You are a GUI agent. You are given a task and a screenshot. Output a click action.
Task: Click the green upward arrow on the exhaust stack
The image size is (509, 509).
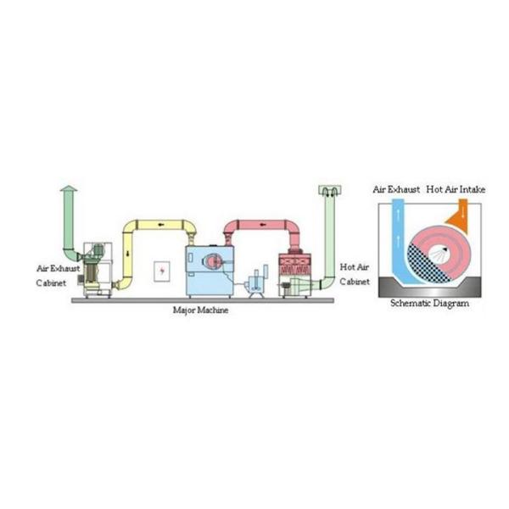click(68, 191)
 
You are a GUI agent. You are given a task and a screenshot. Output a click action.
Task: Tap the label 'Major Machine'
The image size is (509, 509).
click(200, 310)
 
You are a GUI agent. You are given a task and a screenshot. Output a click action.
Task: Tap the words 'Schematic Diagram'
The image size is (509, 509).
click(428, 303)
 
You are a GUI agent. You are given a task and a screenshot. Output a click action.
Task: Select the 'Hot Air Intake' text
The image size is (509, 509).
click(456, 190)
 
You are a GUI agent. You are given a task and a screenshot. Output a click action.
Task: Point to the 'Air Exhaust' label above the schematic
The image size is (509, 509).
click(396, 190)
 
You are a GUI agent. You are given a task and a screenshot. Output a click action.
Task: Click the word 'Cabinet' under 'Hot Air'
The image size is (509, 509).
click(354, 282)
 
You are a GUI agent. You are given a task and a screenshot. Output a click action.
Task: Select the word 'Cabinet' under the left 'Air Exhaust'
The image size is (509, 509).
click(56, 282)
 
